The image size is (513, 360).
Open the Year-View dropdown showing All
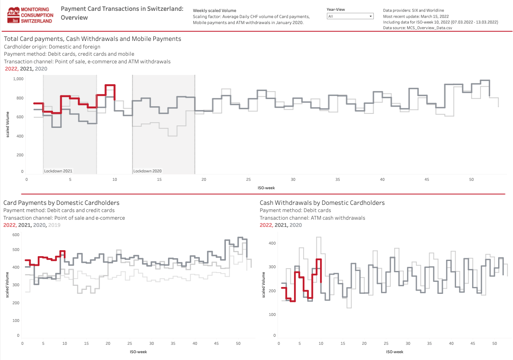[350, 16]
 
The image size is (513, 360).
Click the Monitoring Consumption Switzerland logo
[30, 15]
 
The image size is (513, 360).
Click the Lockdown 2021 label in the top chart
[58, 171]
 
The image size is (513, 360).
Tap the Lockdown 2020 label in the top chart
[148, 171]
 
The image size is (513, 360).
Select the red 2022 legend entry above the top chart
[11, 69]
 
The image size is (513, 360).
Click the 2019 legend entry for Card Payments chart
[54, 225]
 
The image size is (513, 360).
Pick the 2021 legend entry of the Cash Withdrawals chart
[281, 225]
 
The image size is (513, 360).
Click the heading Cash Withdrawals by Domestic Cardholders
[322, 203]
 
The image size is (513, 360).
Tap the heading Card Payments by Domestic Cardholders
[61, 203]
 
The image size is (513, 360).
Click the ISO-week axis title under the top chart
[266, 187]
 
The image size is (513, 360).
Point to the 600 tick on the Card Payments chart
[16, 235]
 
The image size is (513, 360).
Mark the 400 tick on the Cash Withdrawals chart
[272, 243]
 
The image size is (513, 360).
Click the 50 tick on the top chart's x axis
[472, 179]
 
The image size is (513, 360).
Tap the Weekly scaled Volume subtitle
[215, 10]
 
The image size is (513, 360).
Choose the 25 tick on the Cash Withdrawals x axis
[386, 344]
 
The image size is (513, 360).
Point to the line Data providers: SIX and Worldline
[414, 10]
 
